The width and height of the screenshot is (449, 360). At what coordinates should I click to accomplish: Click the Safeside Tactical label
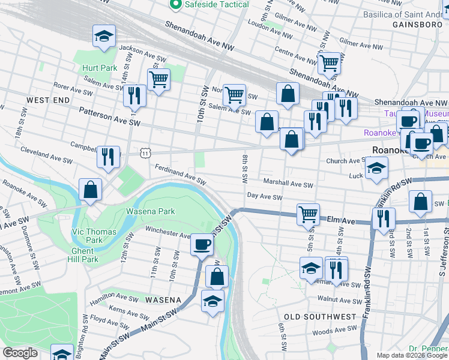click(217, 5)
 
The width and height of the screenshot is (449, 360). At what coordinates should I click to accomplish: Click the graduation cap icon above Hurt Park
click(104, 37)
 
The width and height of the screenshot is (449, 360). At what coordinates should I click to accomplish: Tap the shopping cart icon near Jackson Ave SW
click(158, 79)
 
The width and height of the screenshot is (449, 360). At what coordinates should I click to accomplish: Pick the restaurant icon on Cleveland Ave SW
click(108, 157)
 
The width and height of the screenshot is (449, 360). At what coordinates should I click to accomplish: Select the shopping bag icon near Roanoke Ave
click(89, 190)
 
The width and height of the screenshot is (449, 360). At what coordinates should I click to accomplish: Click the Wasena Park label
click(150, 211)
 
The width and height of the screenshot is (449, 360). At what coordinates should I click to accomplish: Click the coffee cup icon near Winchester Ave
click(202, 244)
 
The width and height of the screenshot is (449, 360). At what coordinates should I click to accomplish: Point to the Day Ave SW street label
click(265, 197)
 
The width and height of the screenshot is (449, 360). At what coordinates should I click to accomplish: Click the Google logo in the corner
click(20, 353)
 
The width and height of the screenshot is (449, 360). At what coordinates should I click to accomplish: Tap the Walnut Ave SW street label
click(339, 300)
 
